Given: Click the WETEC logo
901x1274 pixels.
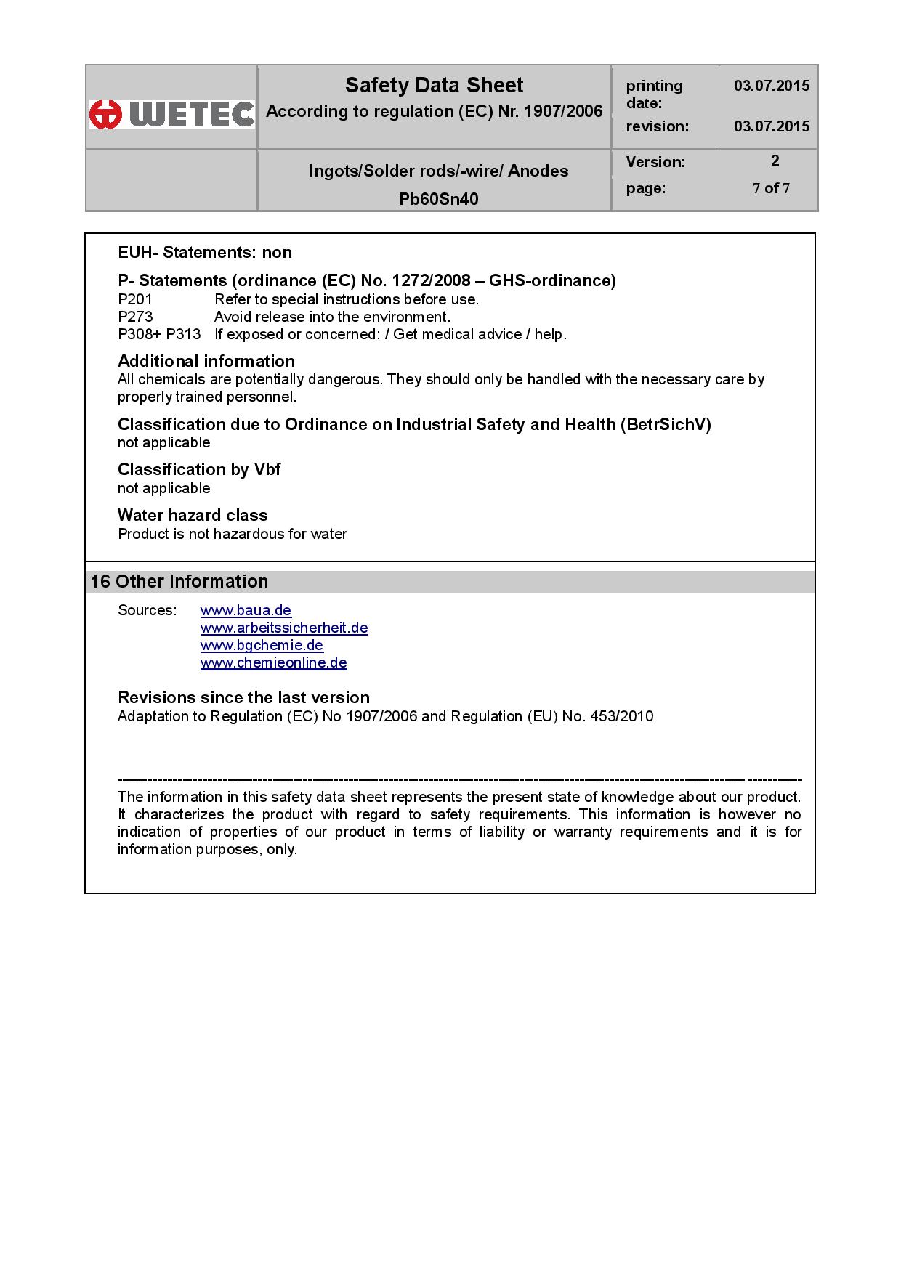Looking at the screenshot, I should [x=172, y=114].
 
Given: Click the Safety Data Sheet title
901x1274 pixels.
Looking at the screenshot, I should [x=434, y=86].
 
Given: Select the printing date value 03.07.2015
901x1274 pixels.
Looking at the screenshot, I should [x=771, y=86].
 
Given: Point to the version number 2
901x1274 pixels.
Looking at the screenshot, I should [x=775, y=161].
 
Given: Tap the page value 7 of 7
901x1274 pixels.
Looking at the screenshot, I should [x=771, y=188].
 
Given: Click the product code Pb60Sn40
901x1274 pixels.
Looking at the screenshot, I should [x=438, y=199].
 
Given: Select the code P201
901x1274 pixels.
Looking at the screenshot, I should [x=135, y=299].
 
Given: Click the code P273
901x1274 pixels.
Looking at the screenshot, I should [x=135, y=317].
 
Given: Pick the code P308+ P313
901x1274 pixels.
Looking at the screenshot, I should [x=159, y=334].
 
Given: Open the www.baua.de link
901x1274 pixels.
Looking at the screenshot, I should [x=246, y=610].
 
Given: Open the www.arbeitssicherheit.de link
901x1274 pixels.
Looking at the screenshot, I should [x=284, y=628].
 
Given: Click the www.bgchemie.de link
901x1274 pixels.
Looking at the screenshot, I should [x=262, y=645].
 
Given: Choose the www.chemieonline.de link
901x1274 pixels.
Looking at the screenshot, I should [x=273, y=662].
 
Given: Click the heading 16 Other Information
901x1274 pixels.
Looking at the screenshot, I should [x=179, y=581].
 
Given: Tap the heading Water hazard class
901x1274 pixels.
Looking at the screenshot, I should [x=193, y=515].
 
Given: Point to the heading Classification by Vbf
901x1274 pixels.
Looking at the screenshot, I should [x=199, y=469].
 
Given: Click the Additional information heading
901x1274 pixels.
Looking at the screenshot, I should [x=206, y=361].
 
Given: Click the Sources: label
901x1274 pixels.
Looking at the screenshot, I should [x=147, y=610].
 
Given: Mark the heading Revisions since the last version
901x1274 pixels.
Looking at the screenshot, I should [x=243, y=697].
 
